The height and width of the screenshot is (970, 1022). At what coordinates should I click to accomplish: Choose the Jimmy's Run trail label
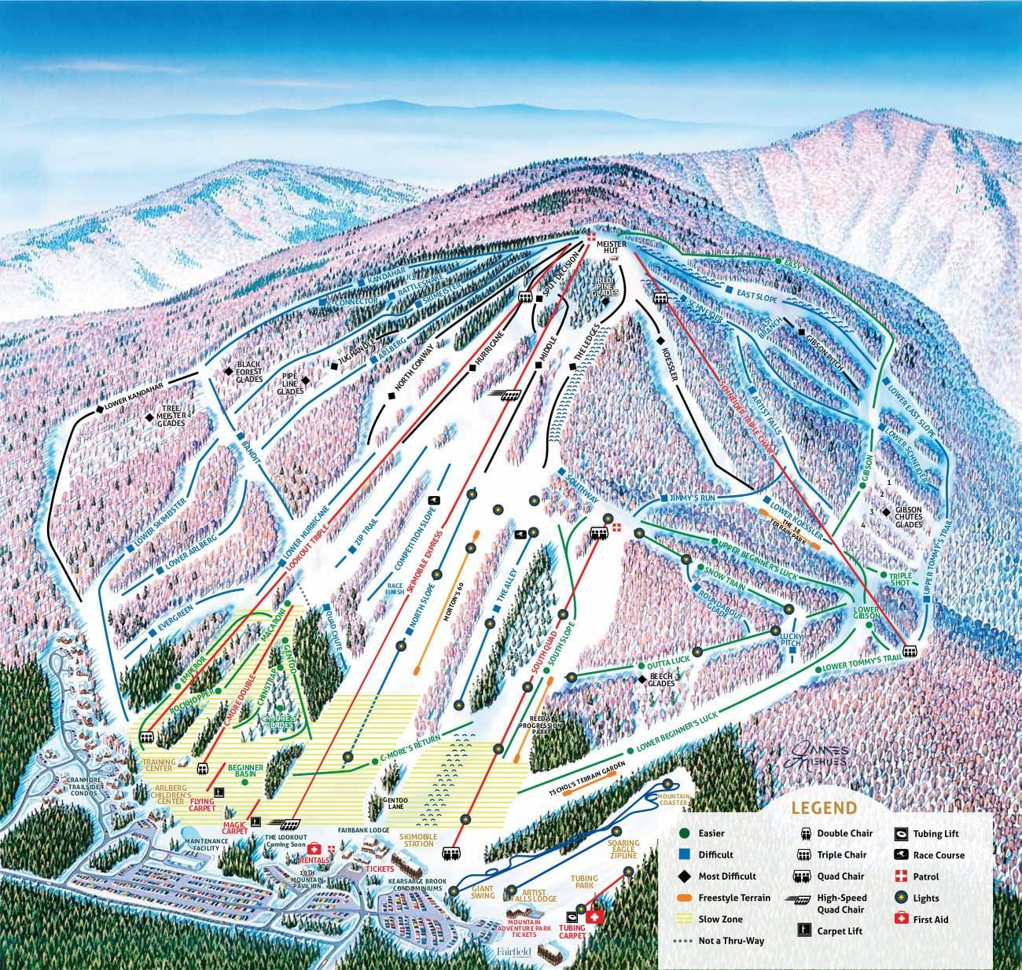pos(689,499)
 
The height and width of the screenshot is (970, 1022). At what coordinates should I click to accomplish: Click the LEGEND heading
pos(824,807)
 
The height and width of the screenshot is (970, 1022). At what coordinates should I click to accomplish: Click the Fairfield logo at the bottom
pos(515,953)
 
